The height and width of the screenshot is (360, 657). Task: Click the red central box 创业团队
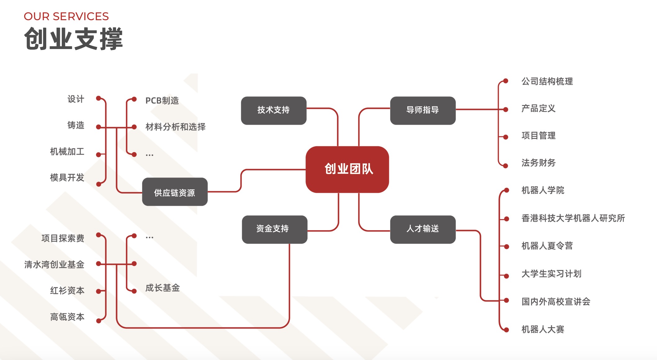click(347, 169)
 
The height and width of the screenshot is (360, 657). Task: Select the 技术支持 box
click(274, 110)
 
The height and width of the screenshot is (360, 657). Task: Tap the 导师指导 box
click(423, 110)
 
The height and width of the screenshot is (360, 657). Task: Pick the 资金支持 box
click(275, 229)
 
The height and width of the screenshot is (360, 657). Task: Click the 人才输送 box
click(423, 229)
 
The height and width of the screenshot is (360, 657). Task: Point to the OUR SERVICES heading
click(66, 16)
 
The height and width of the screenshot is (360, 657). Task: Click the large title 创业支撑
click(74, 39)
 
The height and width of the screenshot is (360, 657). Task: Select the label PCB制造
click(162, 101)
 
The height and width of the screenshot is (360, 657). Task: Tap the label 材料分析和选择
click(175, 127)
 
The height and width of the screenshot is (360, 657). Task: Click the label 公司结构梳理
click(547, 81)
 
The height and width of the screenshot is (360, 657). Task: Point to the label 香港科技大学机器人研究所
click(573, 218)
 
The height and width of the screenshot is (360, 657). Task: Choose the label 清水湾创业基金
click(54, 264)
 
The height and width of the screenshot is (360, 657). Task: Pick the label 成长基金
click(163, 288)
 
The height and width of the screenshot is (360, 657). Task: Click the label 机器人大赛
click(543, 329)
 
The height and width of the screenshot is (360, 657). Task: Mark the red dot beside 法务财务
click(505, 166)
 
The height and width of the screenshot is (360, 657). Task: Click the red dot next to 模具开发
click(99, 184)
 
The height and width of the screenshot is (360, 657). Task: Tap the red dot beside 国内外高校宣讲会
click(506, 300)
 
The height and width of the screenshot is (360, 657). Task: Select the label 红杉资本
click(67, 290)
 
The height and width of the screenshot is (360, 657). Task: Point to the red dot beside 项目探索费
click(99, 235)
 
